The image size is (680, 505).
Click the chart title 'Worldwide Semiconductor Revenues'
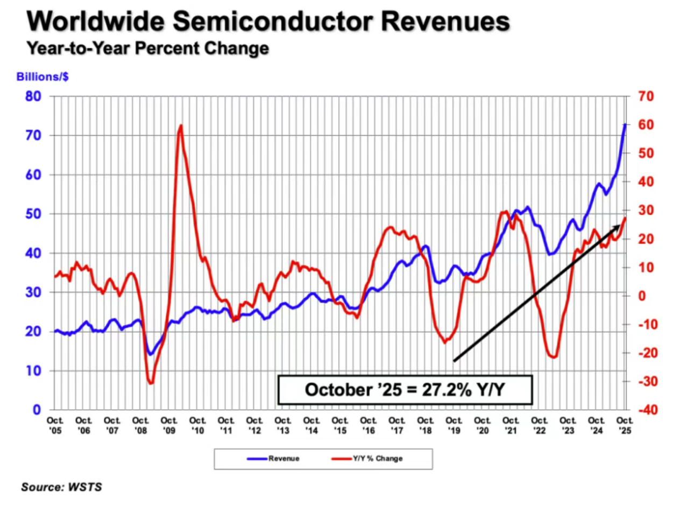268,22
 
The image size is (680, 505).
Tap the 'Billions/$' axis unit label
42,76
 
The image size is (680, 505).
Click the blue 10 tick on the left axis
34,371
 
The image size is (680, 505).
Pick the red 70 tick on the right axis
644,97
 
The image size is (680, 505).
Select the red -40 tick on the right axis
644,410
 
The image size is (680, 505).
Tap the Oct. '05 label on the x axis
55,424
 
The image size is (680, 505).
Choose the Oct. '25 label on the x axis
624,424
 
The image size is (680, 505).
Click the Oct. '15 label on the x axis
339,424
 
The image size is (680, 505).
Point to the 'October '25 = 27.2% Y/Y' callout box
405,389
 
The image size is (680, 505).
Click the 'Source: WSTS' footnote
61,488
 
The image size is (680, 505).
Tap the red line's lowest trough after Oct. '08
151,383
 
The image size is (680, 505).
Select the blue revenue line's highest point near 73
625,124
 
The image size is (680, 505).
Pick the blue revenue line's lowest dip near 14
151,354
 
